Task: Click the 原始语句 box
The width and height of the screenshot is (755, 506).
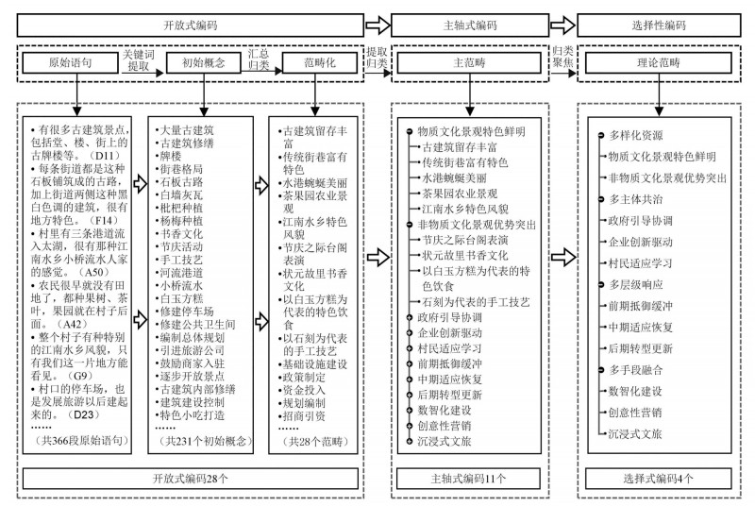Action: [x=71, y=63]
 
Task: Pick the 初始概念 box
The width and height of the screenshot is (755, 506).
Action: [x=197, y=63]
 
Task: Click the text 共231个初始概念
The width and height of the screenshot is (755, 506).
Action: [x=196, y=441]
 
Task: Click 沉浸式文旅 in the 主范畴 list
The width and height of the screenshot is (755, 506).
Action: [x=445, y=441]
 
